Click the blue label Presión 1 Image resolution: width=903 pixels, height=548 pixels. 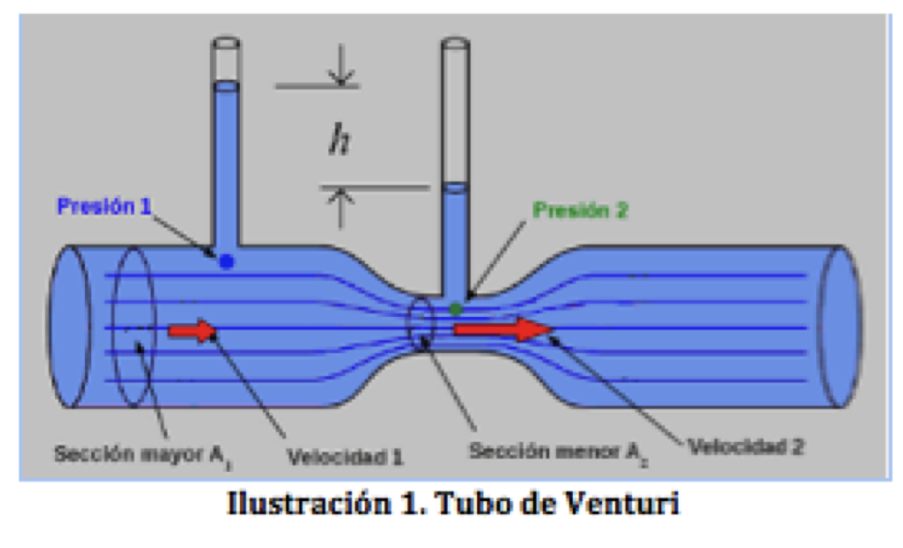[104, 207]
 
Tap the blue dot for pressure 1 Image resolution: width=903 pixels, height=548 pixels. [227, 262]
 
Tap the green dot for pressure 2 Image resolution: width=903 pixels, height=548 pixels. [455, 309]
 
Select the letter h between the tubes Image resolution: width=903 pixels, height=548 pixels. [339, 142]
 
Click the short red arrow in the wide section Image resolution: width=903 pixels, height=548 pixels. [192, 331]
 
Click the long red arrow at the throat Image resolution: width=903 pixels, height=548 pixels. [501, 329]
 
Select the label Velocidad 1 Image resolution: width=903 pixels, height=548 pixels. [345, 457]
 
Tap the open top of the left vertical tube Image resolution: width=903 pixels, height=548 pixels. [227, 42]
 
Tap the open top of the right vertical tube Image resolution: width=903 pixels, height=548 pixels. [455, 42]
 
